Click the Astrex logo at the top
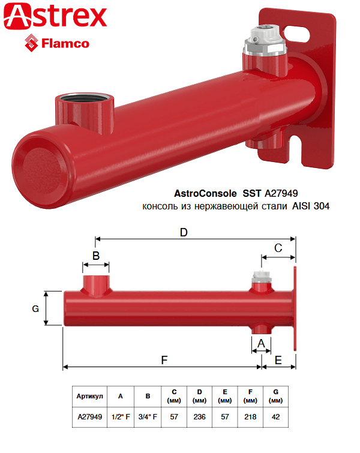[55, 16]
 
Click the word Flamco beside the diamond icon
[65, 44]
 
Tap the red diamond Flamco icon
[31, 43]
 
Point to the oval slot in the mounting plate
[296, 34]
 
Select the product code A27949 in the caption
[281, 193]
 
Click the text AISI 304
[311, 206]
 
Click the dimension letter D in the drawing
[184, 232]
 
